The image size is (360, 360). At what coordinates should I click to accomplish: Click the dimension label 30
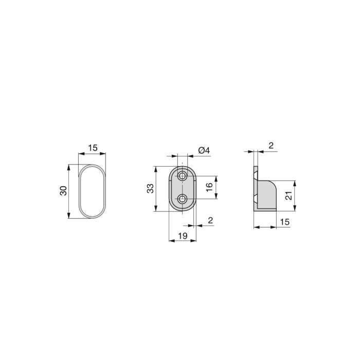(63, 191)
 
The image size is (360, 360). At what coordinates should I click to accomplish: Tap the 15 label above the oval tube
(92, 148)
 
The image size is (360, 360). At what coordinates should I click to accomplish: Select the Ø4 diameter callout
(204, 150)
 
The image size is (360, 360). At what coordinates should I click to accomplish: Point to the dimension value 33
(150, 188)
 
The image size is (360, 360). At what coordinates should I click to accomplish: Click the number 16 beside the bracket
(209, 187)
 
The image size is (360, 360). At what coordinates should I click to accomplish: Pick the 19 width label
(182, 236)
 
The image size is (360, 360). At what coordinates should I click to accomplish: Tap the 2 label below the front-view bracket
(210, 220)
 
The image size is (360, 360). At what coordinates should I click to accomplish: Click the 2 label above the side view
(271, 146)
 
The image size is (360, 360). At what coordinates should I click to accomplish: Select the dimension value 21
(289, 195)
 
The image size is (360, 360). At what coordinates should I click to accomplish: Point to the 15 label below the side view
(285, 221)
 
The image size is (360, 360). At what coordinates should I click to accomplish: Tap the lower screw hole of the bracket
(182, 199)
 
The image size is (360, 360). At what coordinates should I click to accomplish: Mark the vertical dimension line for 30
(69, 191)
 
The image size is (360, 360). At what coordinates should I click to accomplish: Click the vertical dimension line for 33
(155, 189)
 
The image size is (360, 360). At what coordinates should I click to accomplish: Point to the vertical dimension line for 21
(295, 195)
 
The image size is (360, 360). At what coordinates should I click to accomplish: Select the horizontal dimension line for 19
(182, 240)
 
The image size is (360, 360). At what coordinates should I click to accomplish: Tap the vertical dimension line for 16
(216, 187)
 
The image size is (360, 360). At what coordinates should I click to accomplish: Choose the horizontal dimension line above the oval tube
(92, 154)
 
